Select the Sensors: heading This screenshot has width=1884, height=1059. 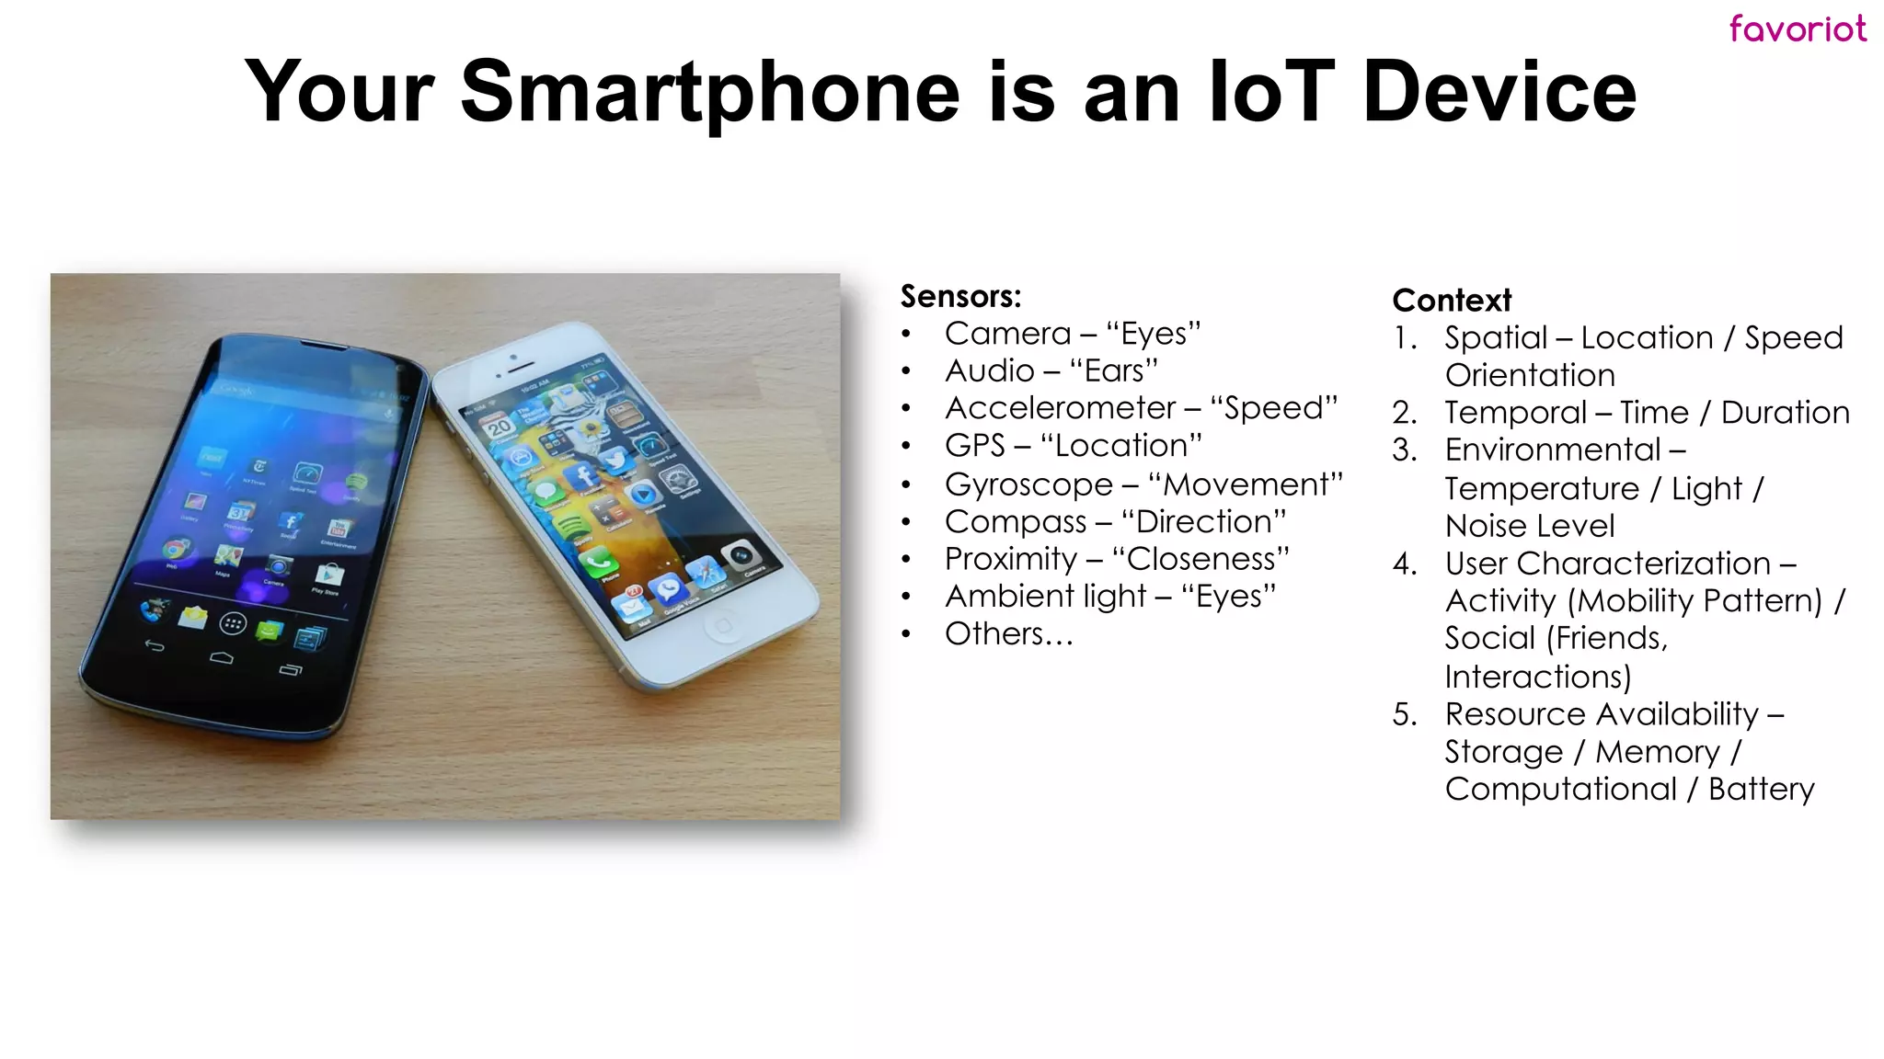tap(960, 296)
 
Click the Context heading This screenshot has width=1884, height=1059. tap(1452, 301)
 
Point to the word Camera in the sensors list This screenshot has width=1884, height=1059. tap(1007, 334)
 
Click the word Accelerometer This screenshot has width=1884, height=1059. tap(1060, 408)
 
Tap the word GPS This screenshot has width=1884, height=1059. tap(974, 446)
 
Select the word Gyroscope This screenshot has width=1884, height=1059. tap(1028, 484)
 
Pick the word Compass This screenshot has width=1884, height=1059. tap(1016, 522)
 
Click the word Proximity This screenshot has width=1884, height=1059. tap(1010, 559)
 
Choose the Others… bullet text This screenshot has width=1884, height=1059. tap(1008, 634)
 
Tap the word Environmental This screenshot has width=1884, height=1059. tap(1553, 450)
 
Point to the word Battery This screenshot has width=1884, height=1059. tap(1761, 790)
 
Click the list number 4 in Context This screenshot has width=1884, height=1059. tap(1404, 564)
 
